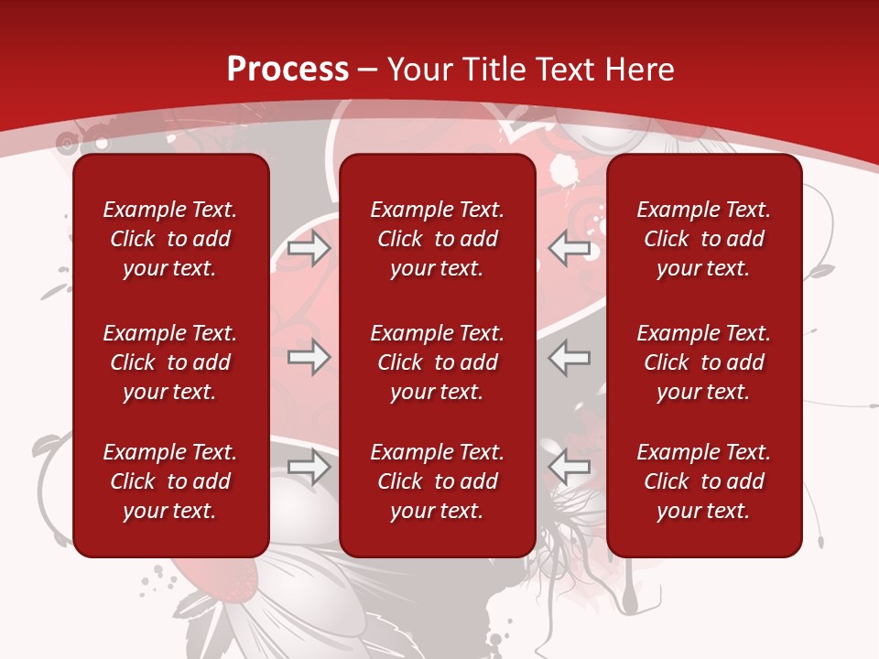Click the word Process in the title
click(x=288, y=70)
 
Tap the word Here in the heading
click(x=638, y=70)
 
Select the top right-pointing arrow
click(x=309, y=249)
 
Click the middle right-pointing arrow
click(x=309, y=357)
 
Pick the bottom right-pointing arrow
click(x=309, y=467)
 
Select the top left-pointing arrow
click(x=570, y=249)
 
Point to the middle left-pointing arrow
click(x=570, y=357)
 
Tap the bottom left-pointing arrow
click(x=570, y=467)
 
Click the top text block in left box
click(x=169, y=239)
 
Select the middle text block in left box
click(x=169, y=362)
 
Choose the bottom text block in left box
click(x=169, y=481)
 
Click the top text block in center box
click(x=437, y=239)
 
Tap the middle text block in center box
click(x=437, y=362)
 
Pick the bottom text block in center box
click(x=437, y=481)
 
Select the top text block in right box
click(x=703, y=239)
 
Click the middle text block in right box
click(x=703, y=362)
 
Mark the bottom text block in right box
click(x=703, y=481)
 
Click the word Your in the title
click(x=421, y=70)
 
